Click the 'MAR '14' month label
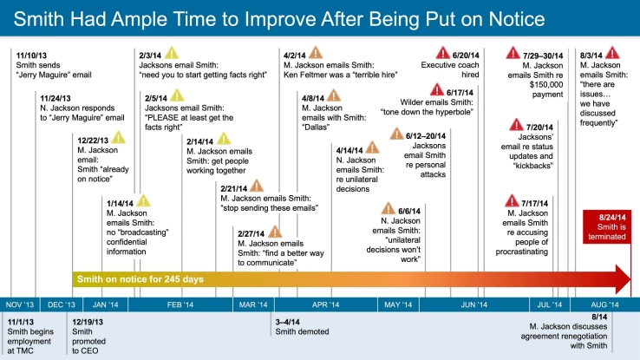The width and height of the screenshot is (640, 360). click(x=253, y=305)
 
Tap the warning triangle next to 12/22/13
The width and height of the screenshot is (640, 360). click(x=119, y=138)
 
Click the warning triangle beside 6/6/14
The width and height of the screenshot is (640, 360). click(x=390, y=209)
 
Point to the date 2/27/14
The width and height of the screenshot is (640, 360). click(x=253, y=232)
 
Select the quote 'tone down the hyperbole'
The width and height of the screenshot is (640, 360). click(x=426, y=112)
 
